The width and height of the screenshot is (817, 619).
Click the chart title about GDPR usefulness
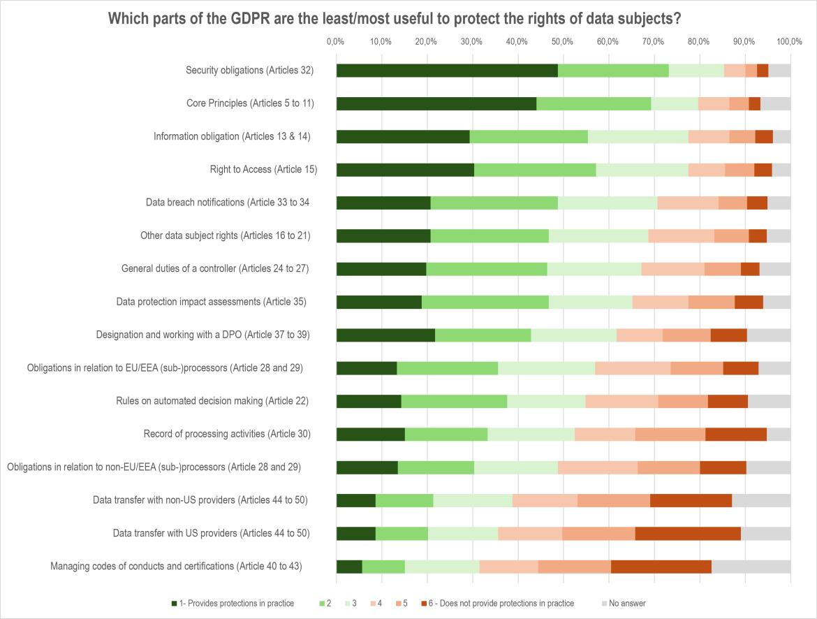coord(395,19)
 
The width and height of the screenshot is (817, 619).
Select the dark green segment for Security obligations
coord(447,71)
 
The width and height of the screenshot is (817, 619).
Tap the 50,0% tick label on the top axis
coord(563,42)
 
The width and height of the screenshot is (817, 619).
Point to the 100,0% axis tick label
coord(789,42)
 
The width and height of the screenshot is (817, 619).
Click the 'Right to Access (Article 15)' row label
coord(263,170)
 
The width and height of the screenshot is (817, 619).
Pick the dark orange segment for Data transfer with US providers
coord(688,534)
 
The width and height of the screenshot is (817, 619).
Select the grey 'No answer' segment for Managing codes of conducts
coord(751,567)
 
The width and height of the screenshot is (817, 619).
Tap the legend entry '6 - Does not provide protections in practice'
coord(497,604)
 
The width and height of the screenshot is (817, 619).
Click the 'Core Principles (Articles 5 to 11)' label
coord(250,103)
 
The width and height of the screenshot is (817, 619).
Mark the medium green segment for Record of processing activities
coord(446,435)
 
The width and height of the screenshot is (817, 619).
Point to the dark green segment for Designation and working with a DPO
coord(385,335)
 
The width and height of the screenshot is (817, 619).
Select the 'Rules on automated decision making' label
coord(212,401)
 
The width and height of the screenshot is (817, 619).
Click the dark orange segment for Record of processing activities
coord(736,435)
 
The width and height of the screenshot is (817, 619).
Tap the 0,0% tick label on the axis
coord(336,42)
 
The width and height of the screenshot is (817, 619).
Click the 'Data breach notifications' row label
coord(228,203)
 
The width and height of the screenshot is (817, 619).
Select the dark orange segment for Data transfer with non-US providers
coord(691,500)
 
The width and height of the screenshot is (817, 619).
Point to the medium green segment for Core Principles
coord(594,103)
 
